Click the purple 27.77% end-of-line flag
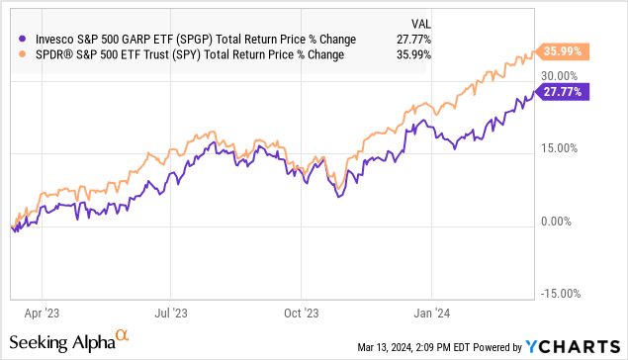pyautogui.click(x=562, y=91)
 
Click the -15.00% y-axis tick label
pyautogui.click(x=559, y=295)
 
